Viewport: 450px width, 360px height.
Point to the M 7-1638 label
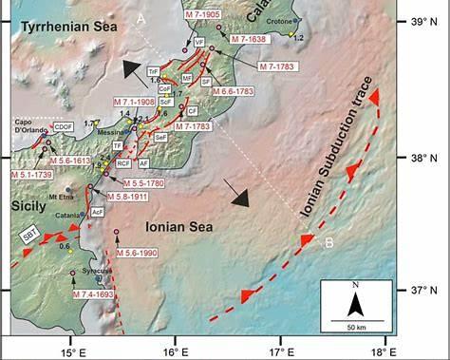(250, 42)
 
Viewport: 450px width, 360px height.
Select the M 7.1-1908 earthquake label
(136, 101)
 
